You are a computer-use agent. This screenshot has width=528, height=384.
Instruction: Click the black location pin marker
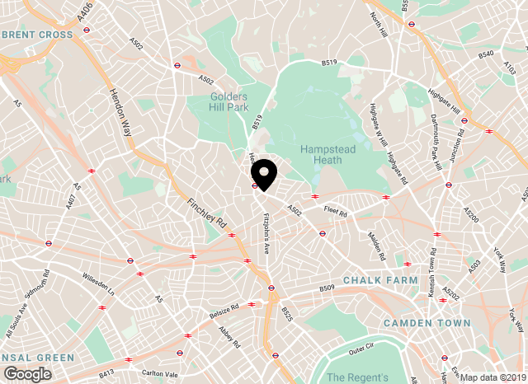click(264, 174)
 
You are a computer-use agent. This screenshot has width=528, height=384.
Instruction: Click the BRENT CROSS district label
click(37, 35)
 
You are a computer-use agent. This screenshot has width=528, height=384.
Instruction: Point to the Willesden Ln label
click(100, 285)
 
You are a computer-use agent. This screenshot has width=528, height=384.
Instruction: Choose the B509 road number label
click(327, 288)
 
